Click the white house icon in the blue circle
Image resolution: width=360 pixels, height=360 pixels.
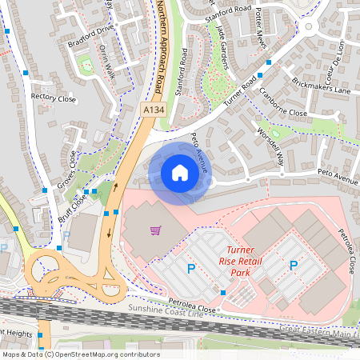click(x=180, y=173)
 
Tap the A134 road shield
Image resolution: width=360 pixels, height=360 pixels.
click(x=154, y=108)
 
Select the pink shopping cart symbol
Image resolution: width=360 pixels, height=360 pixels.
click(x=155, y=231)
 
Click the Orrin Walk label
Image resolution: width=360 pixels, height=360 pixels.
click(x=109, y=61)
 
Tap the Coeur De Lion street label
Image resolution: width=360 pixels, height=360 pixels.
click(x=340, y=56)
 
